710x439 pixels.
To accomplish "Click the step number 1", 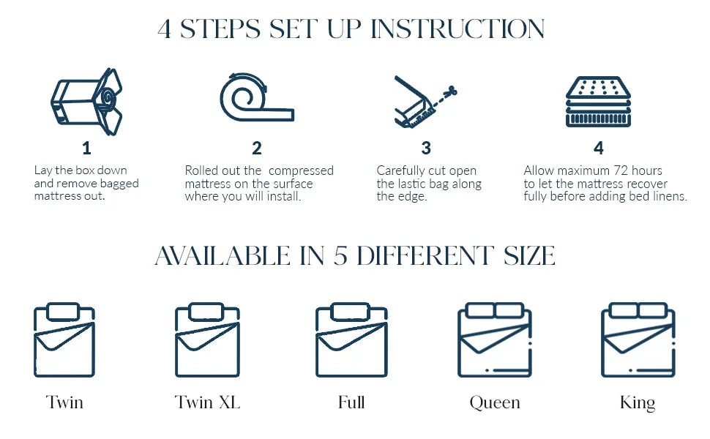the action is pos(86,148).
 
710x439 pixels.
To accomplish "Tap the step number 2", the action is pos(257,148).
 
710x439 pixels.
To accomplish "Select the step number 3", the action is pos(426,148).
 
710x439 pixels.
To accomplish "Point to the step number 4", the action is pos(599,148).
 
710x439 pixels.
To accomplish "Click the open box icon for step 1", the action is pos(86,102).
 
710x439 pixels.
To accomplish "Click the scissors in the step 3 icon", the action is pos(450,92).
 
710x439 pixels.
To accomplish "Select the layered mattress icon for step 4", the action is pos(598,102).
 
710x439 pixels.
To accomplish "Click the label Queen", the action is pos(495,402).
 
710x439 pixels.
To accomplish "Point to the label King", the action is pos(638,402).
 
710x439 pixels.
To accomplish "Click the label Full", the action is pos(351,402).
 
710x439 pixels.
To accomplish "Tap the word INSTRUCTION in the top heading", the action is pos(457,29).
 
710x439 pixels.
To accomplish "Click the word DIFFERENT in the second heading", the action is pos(425,255).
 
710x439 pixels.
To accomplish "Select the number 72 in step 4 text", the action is pos(621,170).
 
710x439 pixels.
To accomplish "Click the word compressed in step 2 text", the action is pos(301,171).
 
